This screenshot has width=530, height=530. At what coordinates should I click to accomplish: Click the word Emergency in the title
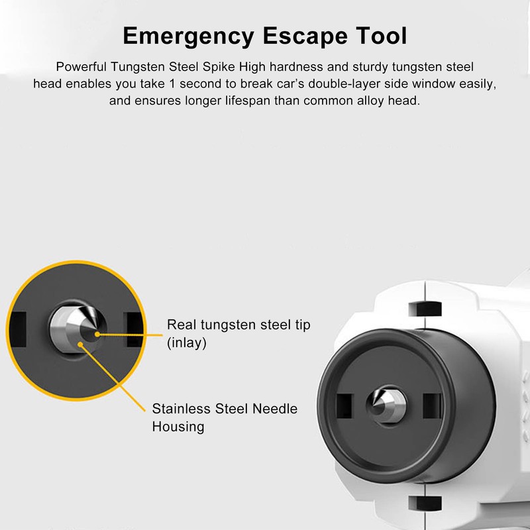pyautogui.click(x=188, y=36)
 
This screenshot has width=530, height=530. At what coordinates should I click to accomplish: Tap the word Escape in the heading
pyautogui.click(x=305, y=36)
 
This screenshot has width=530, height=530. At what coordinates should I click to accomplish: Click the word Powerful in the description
pyautogui.click(x=81, y=67)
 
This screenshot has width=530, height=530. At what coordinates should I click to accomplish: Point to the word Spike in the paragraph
pyautogui.click(x=219, y=67)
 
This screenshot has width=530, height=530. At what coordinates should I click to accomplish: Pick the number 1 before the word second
pyautogui.click(x=172, y=83)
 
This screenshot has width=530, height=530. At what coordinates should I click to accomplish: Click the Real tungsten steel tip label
pyautogui.click(x=238, y=325)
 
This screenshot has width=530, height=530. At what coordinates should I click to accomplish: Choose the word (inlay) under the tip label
pyautogui.click(x=187, y=343)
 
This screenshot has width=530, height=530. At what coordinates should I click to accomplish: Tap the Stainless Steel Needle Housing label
pyautogui.click(x=225, y=417)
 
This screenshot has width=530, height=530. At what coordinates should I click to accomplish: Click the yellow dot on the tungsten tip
pyautogui.click(x=97, y=335)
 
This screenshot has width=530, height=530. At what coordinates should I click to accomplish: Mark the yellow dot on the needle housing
pyautogui.click(x=80, y=344)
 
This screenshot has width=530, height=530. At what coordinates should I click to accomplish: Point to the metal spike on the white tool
pyautogui.click(x=387, y=405)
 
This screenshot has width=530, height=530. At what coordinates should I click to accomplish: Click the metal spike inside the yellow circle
pyautogui.click(x=77, y=329)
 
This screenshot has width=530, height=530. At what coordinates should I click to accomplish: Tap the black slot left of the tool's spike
pyautogui.click(x=344, y=405)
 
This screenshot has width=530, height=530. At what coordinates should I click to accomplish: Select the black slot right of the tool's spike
pyautogui.click(x=432, y=405)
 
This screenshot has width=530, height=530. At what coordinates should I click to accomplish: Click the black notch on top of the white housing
pyautogui.click(x=425, y=309)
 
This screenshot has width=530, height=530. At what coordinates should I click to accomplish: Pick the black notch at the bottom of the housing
pyautogui.click(x=425, y=503)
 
